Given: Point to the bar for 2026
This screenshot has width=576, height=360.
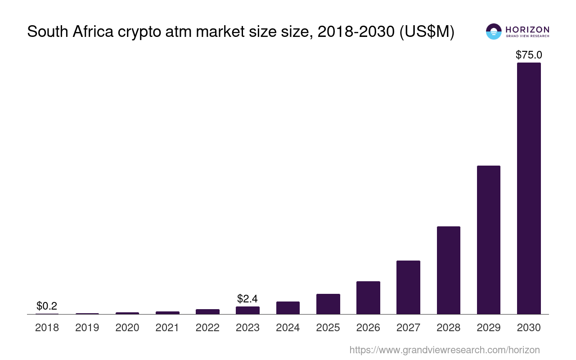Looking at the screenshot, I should [x=368, y=297].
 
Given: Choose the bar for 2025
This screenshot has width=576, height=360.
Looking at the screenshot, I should [x=328, y=304].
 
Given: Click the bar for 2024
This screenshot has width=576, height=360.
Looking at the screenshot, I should [x=288, y=308].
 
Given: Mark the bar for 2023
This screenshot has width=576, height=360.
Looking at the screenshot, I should [x=247, y=310].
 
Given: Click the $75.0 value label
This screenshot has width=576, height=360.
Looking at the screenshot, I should [x=529, y=55].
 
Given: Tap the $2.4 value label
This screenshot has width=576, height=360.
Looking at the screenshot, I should [x=247, y=298].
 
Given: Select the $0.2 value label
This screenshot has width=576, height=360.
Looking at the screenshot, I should [x=47, y=306].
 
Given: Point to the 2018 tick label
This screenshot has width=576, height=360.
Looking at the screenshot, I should [x=47, y=328].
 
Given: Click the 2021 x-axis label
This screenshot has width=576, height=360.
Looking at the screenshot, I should [x=167, y=328].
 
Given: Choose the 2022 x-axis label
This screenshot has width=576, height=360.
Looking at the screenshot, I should [x=207, y=328].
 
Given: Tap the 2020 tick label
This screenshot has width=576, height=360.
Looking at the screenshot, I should [x=127, y=328].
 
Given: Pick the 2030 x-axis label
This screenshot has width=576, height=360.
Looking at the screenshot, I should [x=529, y=328].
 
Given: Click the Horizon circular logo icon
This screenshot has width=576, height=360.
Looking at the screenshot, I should [x=494, y=31].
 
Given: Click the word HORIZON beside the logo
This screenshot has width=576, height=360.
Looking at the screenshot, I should [x=527, y=29].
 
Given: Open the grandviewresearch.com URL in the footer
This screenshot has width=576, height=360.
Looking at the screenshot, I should [x=444, y=350].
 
